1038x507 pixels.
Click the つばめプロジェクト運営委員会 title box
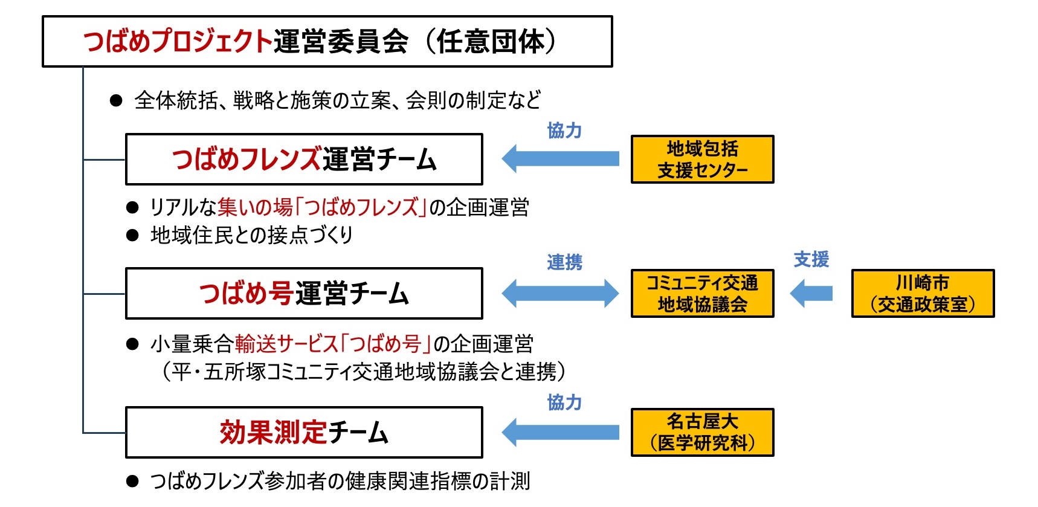click(327, 41)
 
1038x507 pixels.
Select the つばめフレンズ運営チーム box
click(304, 160)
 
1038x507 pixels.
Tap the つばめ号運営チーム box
click(304, 294)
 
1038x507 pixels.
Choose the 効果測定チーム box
click(304, 433)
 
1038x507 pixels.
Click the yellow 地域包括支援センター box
click(702, 160)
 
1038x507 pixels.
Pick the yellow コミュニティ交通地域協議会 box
click(702, 294)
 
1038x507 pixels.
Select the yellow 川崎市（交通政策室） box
click(923, 294)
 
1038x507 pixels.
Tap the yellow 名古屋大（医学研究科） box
click(702, 433)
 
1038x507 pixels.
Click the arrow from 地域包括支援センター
click(561, 159)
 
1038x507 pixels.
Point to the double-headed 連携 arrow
click(561, 294)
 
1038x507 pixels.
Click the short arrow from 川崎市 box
click(811, 294)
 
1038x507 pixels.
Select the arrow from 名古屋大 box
click(561, 433)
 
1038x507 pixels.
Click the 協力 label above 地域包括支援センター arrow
click(564, 131)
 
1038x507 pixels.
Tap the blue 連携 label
click(564, 262)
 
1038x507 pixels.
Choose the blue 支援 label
click(811, 260)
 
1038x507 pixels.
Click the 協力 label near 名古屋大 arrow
click(564, 402)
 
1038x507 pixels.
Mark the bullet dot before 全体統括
click(117, 100)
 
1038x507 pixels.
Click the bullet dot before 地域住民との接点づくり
click(132, 235)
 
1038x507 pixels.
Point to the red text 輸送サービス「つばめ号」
click(334, 344)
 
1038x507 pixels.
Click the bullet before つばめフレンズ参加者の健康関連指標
click(132, 482)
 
